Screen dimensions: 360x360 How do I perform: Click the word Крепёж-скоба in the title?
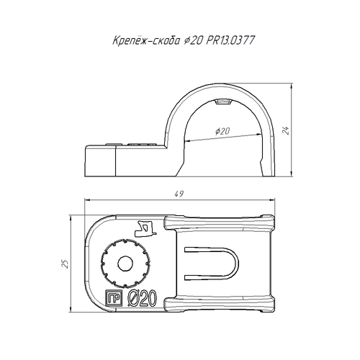[x=146, y=40]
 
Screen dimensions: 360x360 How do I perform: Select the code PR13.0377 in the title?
[x=230, y=40]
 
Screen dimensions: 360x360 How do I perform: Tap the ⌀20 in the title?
[x=193, y=40]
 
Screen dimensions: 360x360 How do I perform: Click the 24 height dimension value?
[x=286, y=130]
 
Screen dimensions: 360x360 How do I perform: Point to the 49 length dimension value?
[x=179, y=194]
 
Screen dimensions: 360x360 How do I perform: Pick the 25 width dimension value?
[x=66, y=264]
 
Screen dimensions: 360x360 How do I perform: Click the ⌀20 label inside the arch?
[x=222, y=131]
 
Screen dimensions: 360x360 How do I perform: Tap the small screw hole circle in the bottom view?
[x=125, y=264]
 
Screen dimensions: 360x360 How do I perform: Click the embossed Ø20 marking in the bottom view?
[x=143, y=298]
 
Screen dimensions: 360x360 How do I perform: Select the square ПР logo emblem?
[x=114, y=298]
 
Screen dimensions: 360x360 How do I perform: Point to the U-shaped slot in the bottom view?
[x=211, y=264]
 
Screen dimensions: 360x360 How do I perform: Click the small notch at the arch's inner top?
[x=222, y=102]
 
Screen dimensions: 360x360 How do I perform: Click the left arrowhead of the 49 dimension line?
[x=88, y=199]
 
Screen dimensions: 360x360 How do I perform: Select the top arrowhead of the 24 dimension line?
[x=292, y=86]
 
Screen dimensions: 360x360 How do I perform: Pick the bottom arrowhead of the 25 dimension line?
[x=71, y=309]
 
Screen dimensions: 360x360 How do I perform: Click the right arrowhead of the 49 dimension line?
[x=272, y=199]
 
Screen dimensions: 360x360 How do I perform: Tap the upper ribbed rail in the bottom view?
[x=219, y=222]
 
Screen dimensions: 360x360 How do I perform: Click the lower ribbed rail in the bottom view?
[x=219, y=305]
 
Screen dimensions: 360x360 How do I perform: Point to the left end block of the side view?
[x=100, y=161]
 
